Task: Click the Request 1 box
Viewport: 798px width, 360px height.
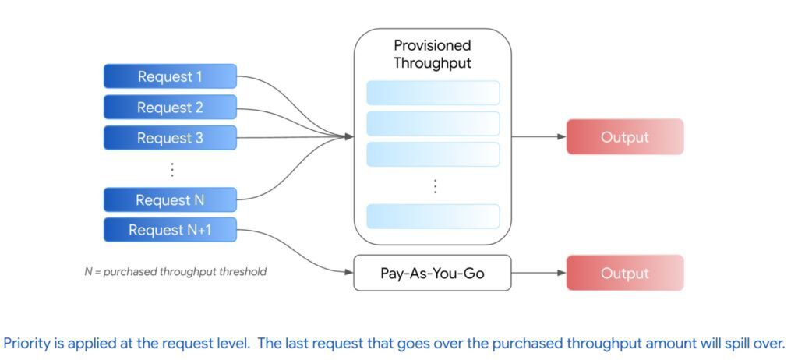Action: [x=170, y=76]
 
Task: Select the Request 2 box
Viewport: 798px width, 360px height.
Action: [x=170, y=108]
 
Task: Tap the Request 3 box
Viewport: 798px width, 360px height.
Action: [x=170, y=138]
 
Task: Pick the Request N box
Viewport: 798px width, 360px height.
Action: [x=170, y=200]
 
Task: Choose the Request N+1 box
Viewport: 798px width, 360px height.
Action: [x=170, y=230]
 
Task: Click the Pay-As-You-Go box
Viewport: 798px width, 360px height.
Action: [x=433, y=273]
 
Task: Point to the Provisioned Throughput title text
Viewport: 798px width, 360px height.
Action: [x=433, y=55]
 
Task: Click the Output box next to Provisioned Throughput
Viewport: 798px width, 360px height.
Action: [x=624, y=137]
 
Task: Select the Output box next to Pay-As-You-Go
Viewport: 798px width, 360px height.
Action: [x=624, y=273]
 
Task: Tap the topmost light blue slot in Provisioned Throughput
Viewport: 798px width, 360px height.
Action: [x=433, y=93]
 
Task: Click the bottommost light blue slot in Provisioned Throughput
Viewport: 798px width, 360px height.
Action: [x=433, y=216]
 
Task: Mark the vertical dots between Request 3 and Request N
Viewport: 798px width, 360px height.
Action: [x=172, y=169]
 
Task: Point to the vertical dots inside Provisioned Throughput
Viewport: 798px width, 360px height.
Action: [x=435, y=186]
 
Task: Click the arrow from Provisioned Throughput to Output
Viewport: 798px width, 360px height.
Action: [x=538, y=137]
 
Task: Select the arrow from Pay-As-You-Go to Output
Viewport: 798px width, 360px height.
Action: [x=538, y=273]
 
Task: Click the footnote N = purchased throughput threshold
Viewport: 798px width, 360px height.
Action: [x=175, y=272]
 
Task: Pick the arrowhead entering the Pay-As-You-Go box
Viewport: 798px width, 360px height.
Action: [x=348, y=272]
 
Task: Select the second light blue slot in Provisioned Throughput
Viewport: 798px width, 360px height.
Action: [x=433, y=123]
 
